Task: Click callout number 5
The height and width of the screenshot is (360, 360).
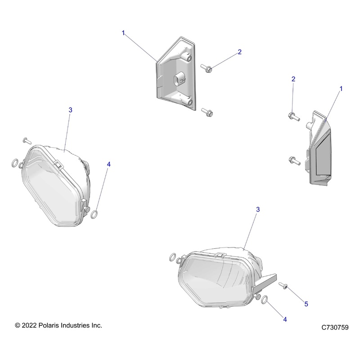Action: [x=306, y=304]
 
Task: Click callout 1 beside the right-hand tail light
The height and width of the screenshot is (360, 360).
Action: [x=341, y=89]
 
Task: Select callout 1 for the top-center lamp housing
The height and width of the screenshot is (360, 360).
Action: [x=123, y=33]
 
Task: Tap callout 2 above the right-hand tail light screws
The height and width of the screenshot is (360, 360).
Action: [x=293, y=79]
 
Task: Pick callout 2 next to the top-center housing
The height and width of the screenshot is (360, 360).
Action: [x=240, y=52]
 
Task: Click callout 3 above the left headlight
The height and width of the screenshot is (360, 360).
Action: [x=70, y=110]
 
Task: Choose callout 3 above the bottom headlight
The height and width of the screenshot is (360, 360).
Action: [x=258, y=210]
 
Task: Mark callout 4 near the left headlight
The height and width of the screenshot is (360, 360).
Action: [x=108, y=165]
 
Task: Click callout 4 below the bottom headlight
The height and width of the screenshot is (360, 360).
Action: [x=285, y=319]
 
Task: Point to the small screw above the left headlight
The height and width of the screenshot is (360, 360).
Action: [x=25, y=140]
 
